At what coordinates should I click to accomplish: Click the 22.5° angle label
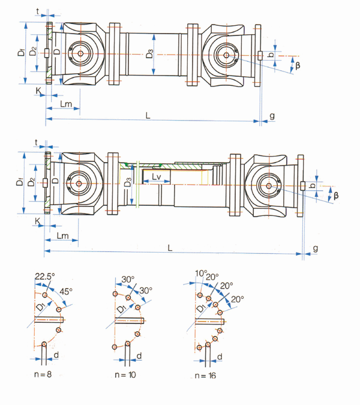pos(43,277)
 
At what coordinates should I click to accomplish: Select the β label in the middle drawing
pos(336,196)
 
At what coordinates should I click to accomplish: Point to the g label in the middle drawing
pos(316,248)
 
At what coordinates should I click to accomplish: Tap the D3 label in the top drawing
pos(149,56)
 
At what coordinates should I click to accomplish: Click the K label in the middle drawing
pos(38,221)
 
